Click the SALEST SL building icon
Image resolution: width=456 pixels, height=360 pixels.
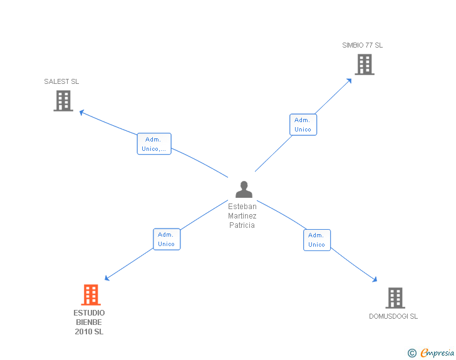tap(63, 101)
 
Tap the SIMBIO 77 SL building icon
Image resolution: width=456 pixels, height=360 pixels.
tap(365, 64)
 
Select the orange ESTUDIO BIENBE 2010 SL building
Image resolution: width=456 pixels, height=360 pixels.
tap(91, 295)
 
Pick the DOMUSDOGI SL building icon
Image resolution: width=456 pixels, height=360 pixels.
tap(395, 298)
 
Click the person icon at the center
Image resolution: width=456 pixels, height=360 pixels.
tap(244, 189)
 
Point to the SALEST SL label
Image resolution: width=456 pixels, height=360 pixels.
tap(61, 81)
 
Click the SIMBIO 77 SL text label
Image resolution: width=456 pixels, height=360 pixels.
tap(362, 45)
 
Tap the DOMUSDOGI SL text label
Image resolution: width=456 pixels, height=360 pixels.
tap(393, 316)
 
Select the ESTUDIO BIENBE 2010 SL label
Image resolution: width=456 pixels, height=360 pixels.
tap(89, 322)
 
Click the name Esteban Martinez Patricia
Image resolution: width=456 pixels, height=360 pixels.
tap(242, 216)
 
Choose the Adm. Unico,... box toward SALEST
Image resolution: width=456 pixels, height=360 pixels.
tap(154, 144)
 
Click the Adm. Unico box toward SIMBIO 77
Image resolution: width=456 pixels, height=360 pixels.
tap(303, 125)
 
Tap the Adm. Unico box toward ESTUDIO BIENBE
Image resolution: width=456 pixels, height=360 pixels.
tap(167, 239)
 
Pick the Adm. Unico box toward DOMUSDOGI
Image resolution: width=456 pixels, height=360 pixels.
tap(317, 240)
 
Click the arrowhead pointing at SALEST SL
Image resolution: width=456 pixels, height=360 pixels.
tap(81, 113)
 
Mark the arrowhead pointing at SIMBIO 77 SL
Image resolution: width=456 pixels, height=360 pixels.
tap(350, 80)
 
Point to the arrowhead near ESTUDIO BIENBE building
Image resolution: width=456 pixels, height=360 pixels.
tap(107, 279)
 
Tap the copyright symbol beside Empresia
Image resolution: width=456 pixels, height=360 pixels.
tap(412, 353)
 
